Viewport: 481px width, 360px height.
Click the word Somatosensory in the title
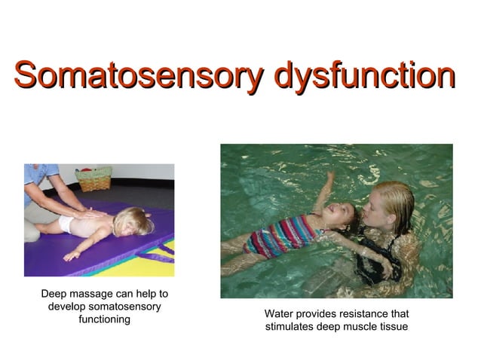(139, 76)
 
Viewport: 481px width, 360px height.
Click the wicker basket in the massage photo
(93, 179)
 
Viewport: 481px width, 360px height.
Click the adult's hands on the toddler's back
(90, 214)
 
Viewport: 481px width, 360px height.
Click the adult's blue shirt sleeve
(32, 175)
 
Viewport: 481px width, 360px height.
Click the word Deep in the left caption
(54, 293)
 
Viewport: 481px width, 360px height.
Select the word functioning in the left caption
(105, 319)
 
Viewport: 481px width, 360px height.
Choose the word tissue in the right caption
(394, 326)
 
